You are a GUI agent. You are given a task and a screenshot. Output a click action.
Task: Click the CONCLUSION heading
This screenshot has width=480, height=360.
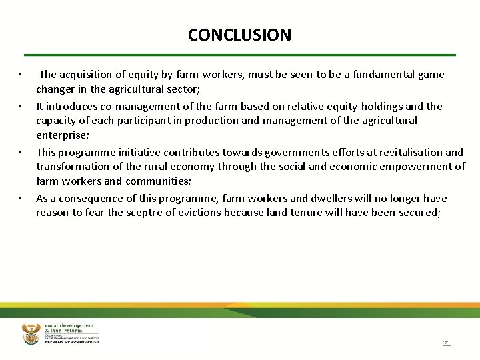coord(239,35)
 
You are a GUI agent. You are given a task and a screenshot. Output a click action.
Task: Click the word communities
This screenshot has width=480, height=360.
coord(157,181)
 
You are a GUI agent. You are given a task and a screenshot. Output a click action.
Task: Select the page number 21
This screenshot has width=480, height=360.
coord(447,343)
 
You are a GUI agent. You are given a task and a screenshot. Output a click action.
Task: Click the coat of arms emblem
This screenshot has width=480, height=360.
coord(31,333)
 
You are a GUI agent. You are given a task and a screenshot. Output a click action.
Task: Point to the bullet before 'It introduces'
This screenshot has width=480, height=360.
coord(21,107)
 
